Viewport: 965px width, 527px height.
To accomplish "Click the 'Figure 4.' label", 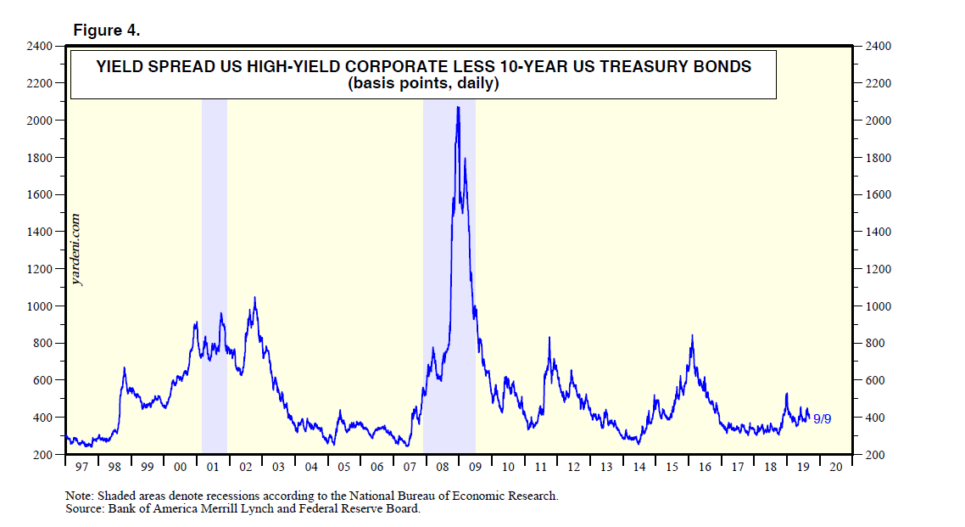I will (106, 30).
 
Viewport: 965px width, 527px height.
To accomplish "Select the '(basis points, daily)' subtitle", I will (422, 84).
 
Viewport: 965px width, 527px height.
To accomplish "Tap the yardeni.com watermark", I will (77, 249).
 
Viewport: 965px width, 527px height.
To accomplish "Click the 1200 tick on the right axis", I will (878, 269).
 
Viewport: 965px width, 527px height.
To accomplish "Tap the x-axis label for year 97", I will (81, 468).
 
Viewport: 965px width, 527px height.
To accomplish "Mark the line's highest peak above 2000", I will (458, 108).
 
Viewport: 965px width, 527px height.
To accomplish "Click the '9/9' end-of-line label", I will (822, 418).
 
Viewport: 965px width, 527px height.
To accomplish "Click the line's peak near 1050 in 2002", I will (254, 298).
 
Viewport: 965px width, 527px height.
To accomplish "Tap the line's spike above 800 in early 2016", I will (692, 336).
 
